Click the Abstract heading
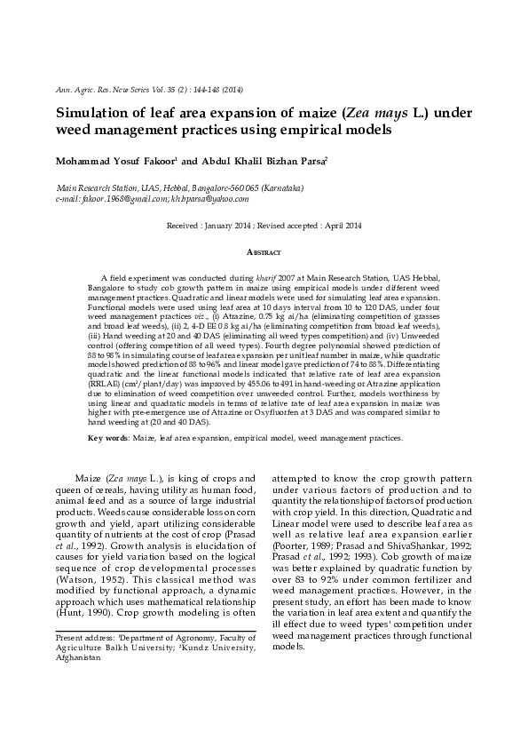pos(264,252)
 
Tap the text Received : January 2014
pos(211,226)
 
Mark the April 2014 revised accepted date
pos(341,226)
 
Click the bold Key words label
pos(107,438)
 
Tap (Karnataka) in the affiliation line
pos(276,188)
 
